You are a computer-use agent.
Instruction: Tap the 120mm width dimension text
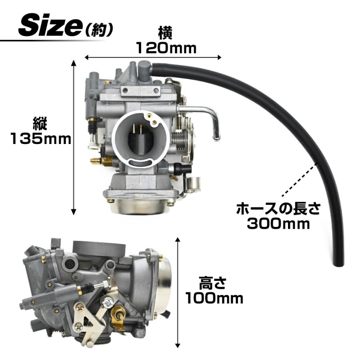[x=166, y=48]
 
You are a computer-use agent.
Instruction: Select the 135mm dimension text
[x=41, y=139]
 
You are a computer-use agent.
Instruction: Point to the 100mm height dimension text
[x=214, y=298]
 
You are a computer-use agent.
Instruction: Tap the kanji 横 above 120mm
[x=165, y=34]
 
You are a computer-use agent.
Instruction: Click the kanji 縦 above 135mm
[x=40, y=124]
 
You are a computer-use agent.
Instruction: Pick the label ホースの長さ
[x=278, y=208]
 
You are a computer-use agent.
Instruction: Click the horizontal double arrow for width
[x=153, y=57]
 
